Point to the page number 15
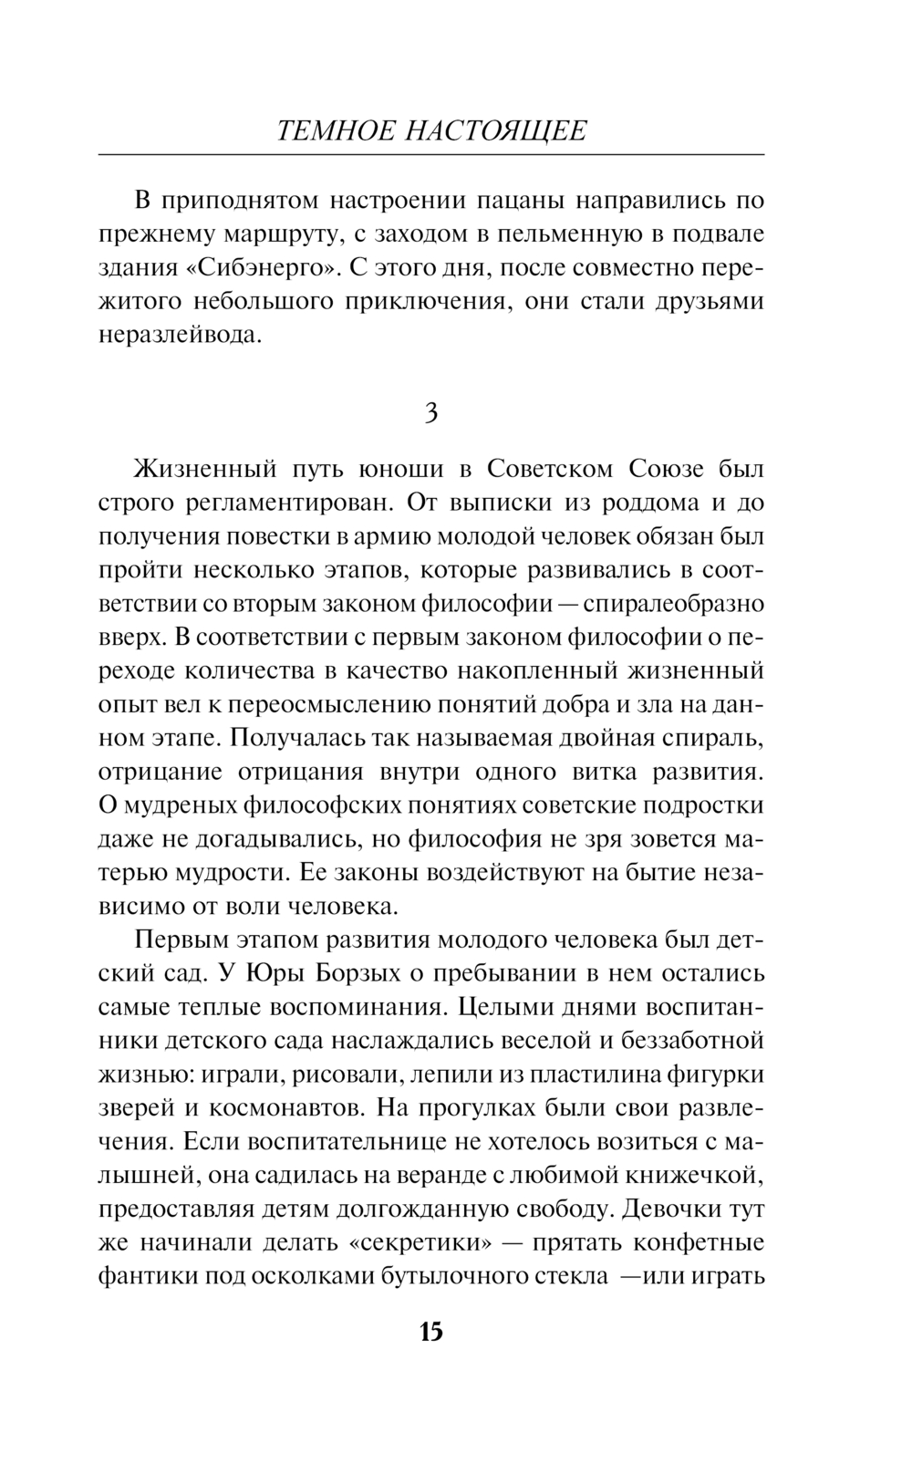pyautogui.click(x=430, y=1332)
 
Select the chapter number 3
pyautogui.click(x=431, y=413)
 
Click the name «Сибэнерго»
pyautogui.click(x=252, y=268)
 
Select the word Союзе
pyautogui.click(x=666, y=470)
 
